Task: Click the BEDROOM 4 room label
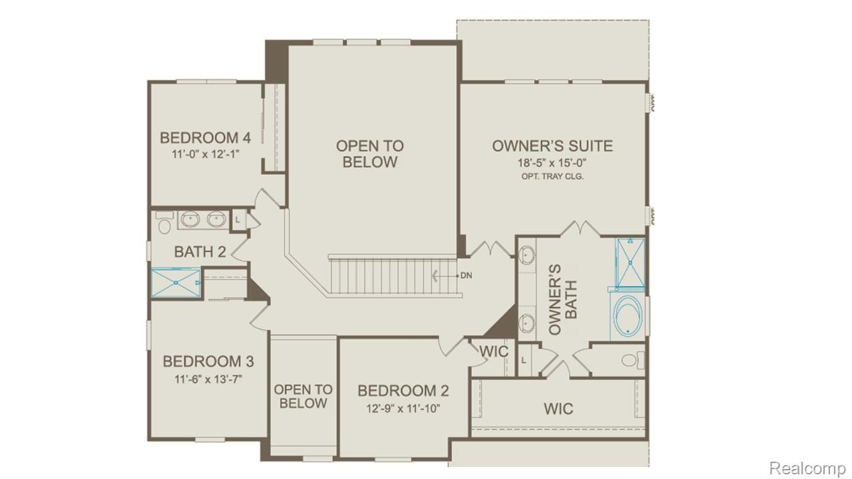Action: pos(205,138)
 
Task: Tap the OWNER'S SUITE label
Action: pos(552,146)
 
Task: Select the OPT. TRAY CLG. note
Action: pos(552,177)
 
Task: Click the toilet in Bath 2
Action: pos(164,223)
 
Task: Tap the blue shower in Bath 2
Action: pos(176,283)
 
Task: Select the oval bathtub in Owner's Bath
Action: pos(628,316)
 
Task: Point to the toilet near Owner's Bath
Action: pos(630,361)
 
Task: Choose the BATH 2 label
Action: pos(200,252)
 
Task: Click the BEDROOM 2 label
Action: pos(403,391)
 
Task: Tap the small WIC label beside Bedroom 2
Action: pos(493,351)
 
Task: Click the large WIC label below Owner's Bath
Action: pos(558,408)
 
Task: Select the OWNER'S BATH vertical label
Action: pos(563,299)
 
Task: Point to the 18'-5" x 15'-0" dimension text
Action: pos(552,162)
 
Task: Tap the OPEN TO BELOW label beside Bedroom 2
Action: pos(303,396)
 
